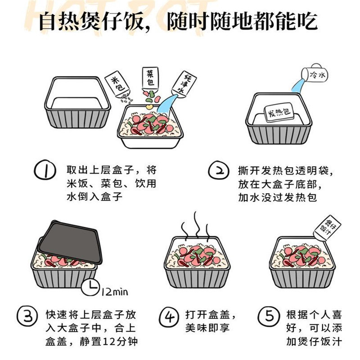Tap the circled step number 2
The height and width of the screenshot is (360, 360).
pyautogui.click(x=218, y=171)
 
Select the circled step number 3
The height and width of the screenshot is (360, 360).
pyautogui.click(x=26, y=315)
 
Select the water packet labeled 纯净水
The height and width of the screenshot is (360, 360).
pyautogui.click(x=184, y=84)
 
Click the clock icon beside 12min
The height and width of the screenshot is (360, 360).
pyautogui.click(x=91, y=287)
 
